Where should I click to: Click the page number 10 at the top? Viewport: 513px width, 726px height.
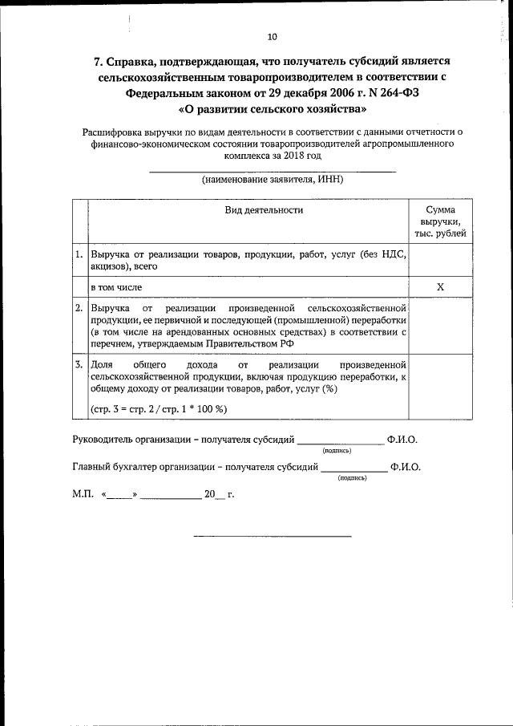[272, 36]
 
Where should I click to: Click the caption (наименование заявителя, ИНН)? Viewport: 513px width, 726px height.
[273, 180]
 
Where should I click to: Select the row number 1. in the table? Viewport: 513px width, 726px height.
[79, 254]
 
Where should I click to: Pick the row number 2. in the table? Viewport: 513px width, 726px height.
[79, 308]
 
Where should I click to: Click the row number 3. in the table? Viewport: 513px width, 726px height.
[79, 364]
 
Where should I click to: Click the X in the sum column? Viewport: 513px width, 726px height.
[440, 286]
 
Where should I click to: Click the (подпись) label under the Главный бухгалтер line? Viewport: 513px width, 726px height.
[353, 477]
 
